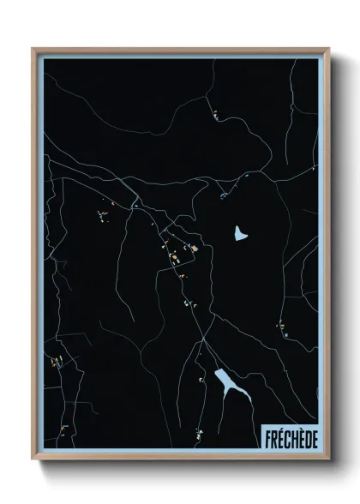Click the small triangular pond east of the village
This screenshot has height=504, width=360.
coord(240,233)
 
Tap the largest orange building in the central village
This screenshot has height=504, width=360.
coord(194,249)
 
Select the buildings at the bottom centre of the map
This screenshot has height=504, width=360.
coord(198,431)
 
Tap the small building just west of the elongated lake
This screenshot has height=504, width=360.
coord(202,377)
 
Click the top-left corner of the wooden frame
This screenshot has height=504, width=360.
coord(33,49)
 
